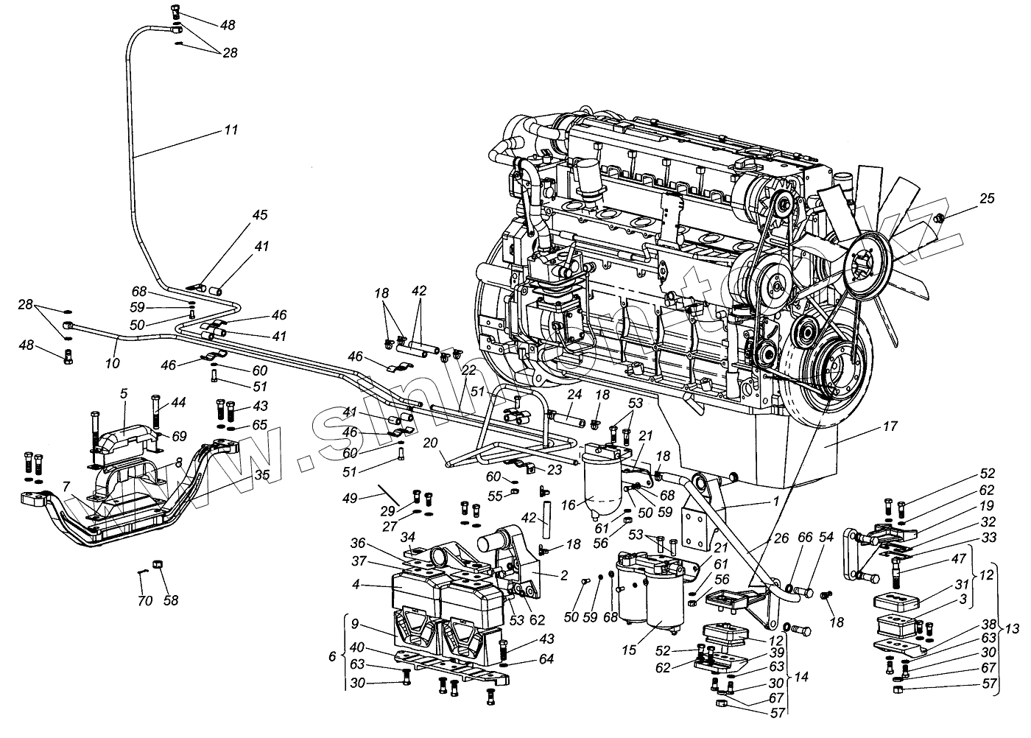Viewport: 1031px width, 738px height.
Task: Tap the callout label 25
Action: click(x=987, y=198)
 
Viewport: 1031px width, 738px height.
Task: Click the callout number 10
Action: click(x=111, y=363)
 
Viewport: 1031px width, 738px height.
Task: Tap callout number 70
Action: click(x=145, y=601)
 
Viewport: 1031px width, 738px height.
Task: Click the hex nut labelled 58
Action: click(x=157, y=565)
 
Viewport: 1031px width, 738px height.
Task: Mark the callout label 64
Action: click(x=546, y=659)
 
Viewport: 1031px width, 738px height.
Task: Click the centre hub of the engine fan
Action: click(x=862, y=261)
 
